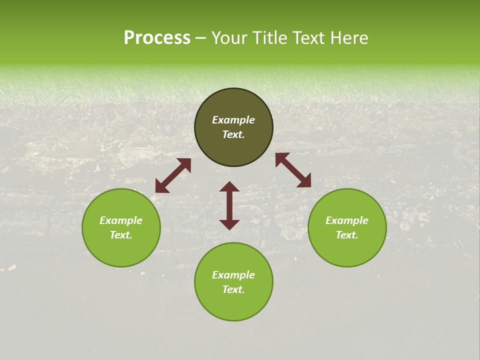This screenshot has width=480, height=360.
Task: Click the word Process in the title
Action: (157, 38)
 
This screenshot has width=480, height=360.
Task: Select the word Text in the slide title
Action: (311, 38)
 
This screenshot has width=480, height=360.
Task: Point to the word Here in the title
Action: (351, 38)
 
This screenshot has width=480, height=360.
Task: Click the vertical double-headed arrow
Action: (229, 206)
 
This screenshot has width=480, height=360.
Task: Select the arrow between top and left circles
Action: (173, 175)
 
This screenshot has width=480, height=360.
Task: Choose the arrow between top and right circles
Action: (293, 170)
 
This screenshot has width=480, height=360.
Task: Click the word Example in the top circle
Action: (233, 120)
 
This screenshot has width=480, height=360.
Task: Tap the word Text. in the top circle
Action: (233, 134)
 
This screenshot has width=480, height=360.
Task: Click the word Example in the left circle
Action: (121, 220)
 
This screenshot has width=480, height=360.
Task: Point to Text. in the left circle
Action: (121, 235)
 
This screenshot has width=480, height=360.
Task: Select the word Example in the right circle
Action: (347, 220)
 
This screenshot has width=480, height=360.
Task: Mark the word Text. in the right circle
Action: (347, 235)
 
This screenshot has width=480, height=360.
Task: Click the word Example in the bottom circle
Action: (233, 275)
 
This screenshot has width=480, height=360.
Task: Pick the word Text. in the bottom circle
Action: (233, 289)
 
